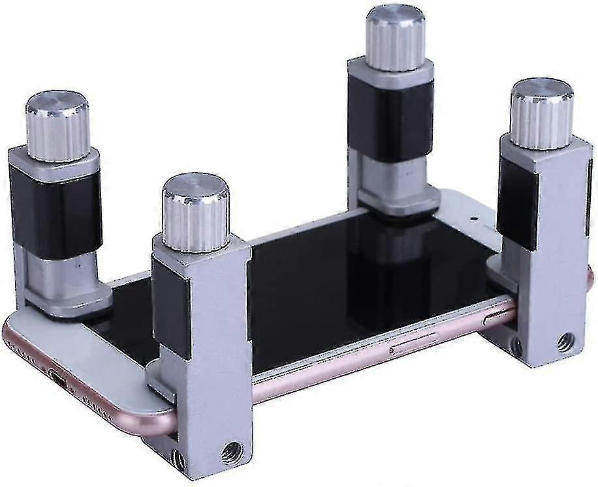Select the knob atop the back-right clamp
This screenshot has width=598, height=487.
click(x=396, y=38)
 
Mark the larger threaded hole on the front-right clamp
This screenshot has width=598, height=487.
click(x=563, y=340)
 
